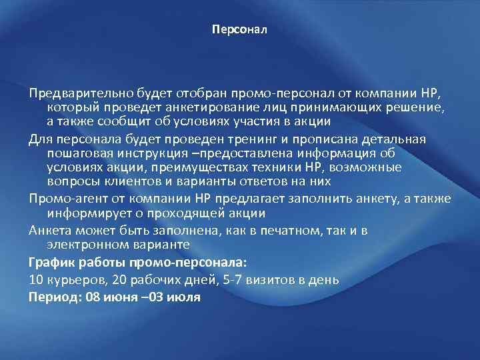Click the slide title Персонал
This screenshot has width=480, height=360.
click(x=239, y=30)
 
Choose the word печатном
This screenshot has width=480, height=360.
click(x=291, y=231)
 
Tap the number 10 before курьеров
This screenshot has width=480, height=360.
click(x=35, y=280)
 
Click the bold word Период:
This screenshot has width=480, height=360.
click(x=55, y=296)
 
